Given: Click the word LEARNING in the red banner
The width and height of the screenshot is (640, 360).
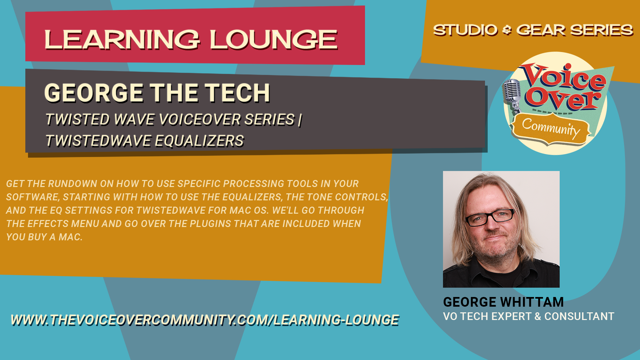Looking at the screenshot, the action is click(x=122, y=40).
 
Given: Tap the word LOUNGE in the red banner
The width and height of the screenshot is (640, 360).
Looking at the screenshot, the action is click(x=274, y=40).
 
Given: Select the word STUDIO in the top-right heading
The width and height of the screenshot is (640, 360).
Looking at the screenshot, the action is click(x=465, y=30).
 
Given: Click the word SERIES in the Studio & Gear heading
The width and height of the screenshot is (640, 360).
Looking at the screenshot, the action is click(x=602, y=30).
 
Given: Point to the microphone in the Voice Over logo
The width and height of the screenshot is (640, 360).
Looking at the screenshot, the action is click(x=512, y=95).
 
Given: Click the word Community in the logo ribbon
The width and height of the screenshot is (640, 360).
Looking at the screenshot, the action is click(x=551, y=129).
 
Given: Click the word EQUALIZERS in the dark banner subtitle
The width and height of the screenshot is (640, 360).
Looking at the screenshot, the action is click(x=199, y=141).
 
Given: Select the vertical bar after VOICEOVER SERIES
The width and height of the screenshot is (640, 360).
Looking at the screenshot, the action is click(x=300, y=120).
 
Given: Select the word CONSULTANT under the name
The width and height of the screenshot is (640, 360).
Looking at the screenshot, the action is click(x=579, y=316).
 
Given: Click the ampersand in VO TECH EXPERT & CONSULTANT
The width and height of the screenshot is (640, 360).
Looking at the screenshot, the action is click(x=538, y=316).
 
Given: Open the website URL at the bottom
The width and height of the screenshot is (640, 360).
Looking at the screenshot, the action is click(x=205, y=320).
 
